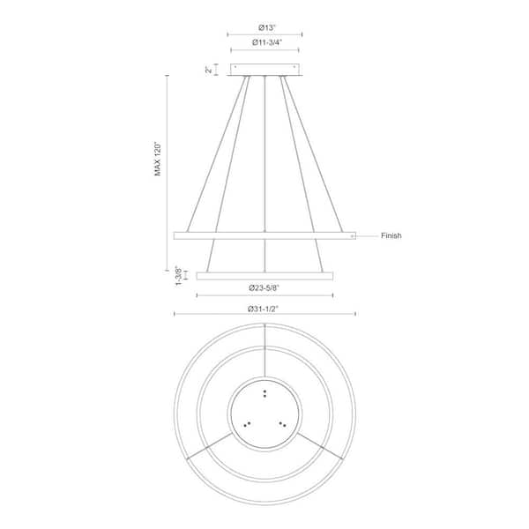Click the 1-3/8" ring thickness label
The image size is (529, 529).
point(179,276)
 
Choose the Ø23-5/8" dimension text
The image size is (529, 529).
point(265,287)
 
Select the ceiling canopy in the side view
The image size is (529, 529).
point(265,70)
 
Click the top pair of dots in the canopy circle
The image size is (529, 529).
point(265,393)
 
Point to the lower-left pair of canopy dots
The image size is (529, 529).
point(247,424)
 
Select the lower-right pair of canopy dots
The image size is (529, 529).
point(283,424)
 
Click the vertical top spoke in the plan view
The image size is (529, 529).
point(265,353)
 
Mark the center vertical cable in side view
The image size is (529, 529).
point(265,159)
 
